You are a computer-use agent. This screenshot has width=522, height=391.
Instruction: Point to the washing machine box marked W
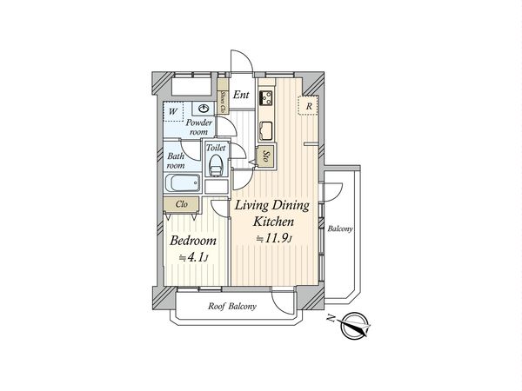point(173,110)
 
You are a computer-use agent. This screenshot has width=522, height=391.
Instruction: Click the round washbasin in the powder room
point(204,108)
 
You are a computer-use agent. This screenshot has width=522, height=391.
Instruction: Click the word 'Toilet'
point(217,149)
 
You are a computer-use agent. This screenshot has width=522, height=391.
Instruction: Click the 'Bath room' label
point(177,160)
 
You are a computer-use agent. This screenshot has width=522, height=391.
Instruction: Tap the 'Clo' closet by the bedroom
point(182,204)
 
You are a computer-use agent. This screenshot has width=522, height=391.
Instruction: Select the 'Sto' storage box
point(265,158)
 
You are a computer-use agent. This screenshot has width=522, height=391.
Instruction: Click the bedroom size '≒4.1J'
point(194,258)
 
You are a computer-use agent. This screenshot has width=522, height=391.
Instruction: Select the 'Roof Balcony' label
point(231,307)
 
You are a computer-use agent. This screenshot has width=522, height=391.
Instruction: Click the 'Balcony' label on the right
point(340,229)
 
